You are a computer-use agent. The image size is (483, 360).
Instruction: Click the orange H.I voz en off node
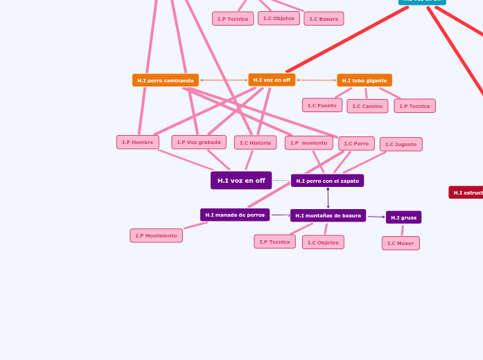pos(272,80)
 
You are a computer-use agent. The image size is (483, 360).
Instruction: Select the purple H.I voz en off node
pos(241,181)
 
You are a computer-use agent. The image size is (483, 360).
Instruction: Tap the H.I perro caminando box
pos(165,80)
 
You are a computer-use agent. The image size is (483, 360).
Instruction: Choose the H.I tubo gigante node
pos(365,80)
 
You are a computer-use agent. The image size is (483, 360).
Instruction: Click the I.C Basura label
pos(324,19)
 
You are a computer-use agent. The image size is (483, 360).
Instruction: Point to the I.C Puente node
pos(322,105)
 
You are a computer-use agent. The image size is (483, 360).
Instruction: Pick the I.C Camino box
pos(367,106)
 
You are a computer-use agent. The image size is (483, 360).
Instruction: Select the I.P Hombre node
pos(138,142)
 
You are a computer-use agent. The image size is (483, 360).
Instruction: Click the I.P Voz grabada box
pos(199,142)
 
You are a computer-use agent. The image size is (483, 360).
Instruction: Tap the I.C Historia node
pos(255,143)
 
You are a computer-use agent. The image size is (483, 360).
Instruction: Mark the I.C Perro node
pos(356,143)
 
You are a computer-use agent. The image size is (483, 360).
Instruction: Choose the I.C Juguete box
pos(401,144)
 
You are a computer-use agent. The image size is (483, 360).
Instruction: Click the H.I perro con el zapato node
pos(327,181)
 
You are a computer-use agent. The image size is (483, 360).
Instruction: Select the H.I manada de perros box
pos(235,215)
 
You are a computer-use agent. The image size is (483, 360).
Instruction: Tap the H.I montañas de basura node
pos(328,215)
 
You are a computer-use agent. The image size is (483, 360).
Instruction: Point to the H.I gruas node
pos(403,217)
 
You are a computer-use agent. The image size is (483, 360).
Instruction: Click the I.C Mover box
pos(401,243)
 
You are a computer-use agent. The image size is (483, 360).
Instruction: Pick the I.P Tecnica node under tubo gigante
pos(414,106)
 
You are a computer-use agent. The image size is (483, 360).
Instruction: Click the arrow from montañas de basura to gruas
pos(376,217)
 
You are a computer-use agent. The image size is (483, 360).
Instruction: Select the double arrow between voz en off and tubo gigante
pos(316,80)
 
